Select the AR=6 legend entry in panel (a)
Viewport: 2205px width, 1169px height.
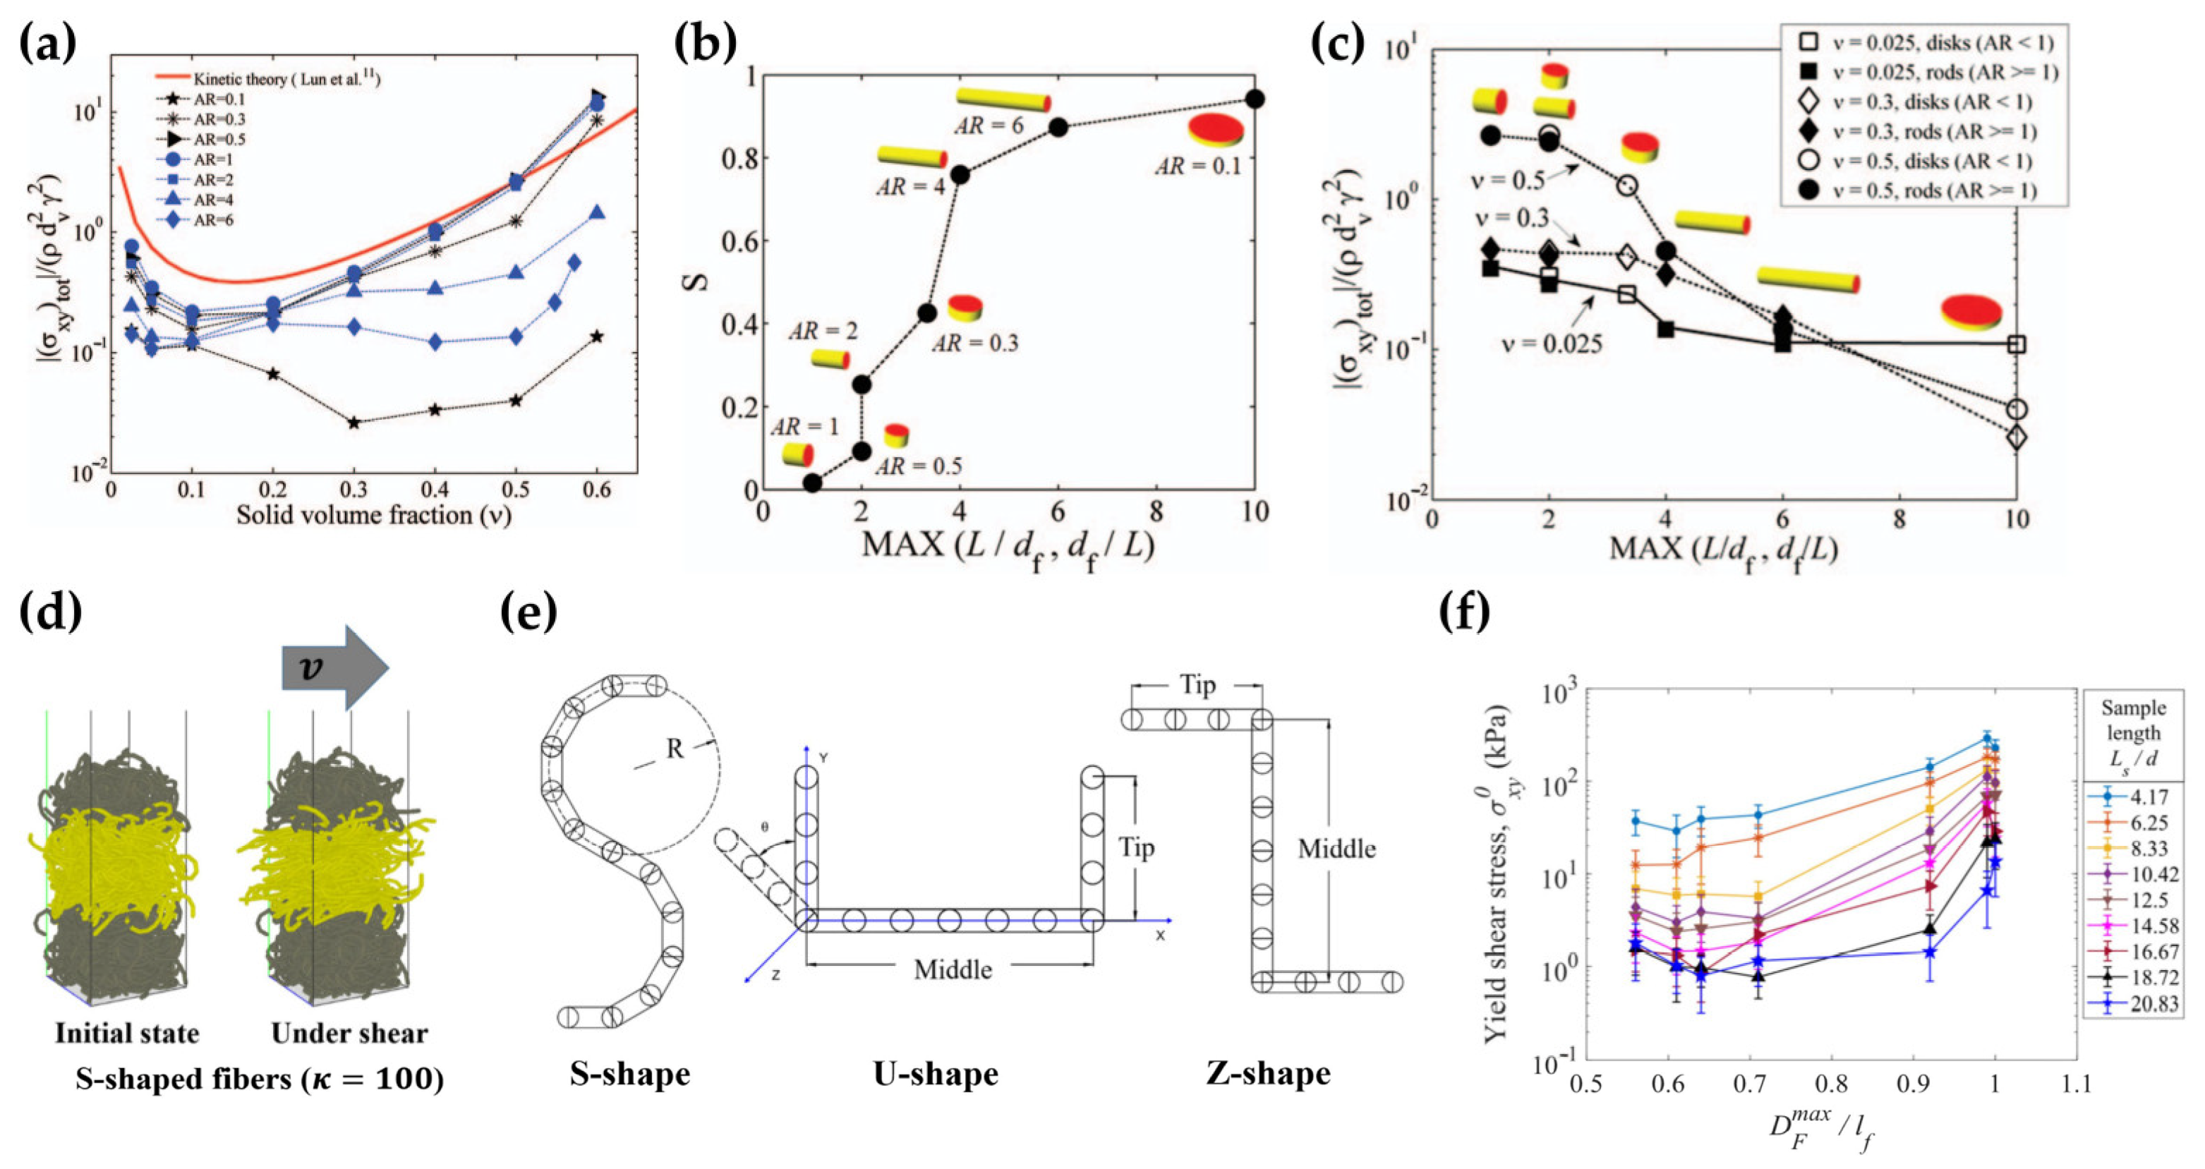(x=213, y=220)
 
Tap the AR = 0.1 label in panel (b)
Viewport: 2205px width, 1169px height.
(x=1197, y=166)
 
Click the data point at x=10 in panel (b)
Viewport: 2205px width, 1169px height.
(x=1255, y=99)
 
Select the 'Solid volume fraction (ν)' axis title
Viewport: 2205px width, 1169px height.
(x=374, y=515)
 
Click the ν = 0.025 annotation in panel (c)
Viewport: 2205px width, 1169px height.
(x=1551, y=344)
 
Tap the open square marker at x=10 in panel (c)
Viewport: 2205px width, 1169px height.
(x=2017, y=344)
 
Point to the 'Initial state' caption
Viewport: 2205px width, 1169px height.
(x=127, y=1033)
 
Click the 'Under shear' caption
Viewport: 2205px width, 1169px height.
(x=349, y=1033)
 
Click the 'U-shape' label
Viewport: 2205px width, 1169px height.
(x=936, y=1074)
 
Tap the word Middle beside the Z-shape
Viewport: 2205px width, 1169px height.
(x=1336, y=849)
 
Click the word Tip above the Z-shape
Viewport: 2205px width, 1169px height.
(x=1197, y=684)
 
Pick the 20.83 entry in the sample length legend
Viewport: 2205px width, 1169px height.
(x=2153, y=1003)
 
